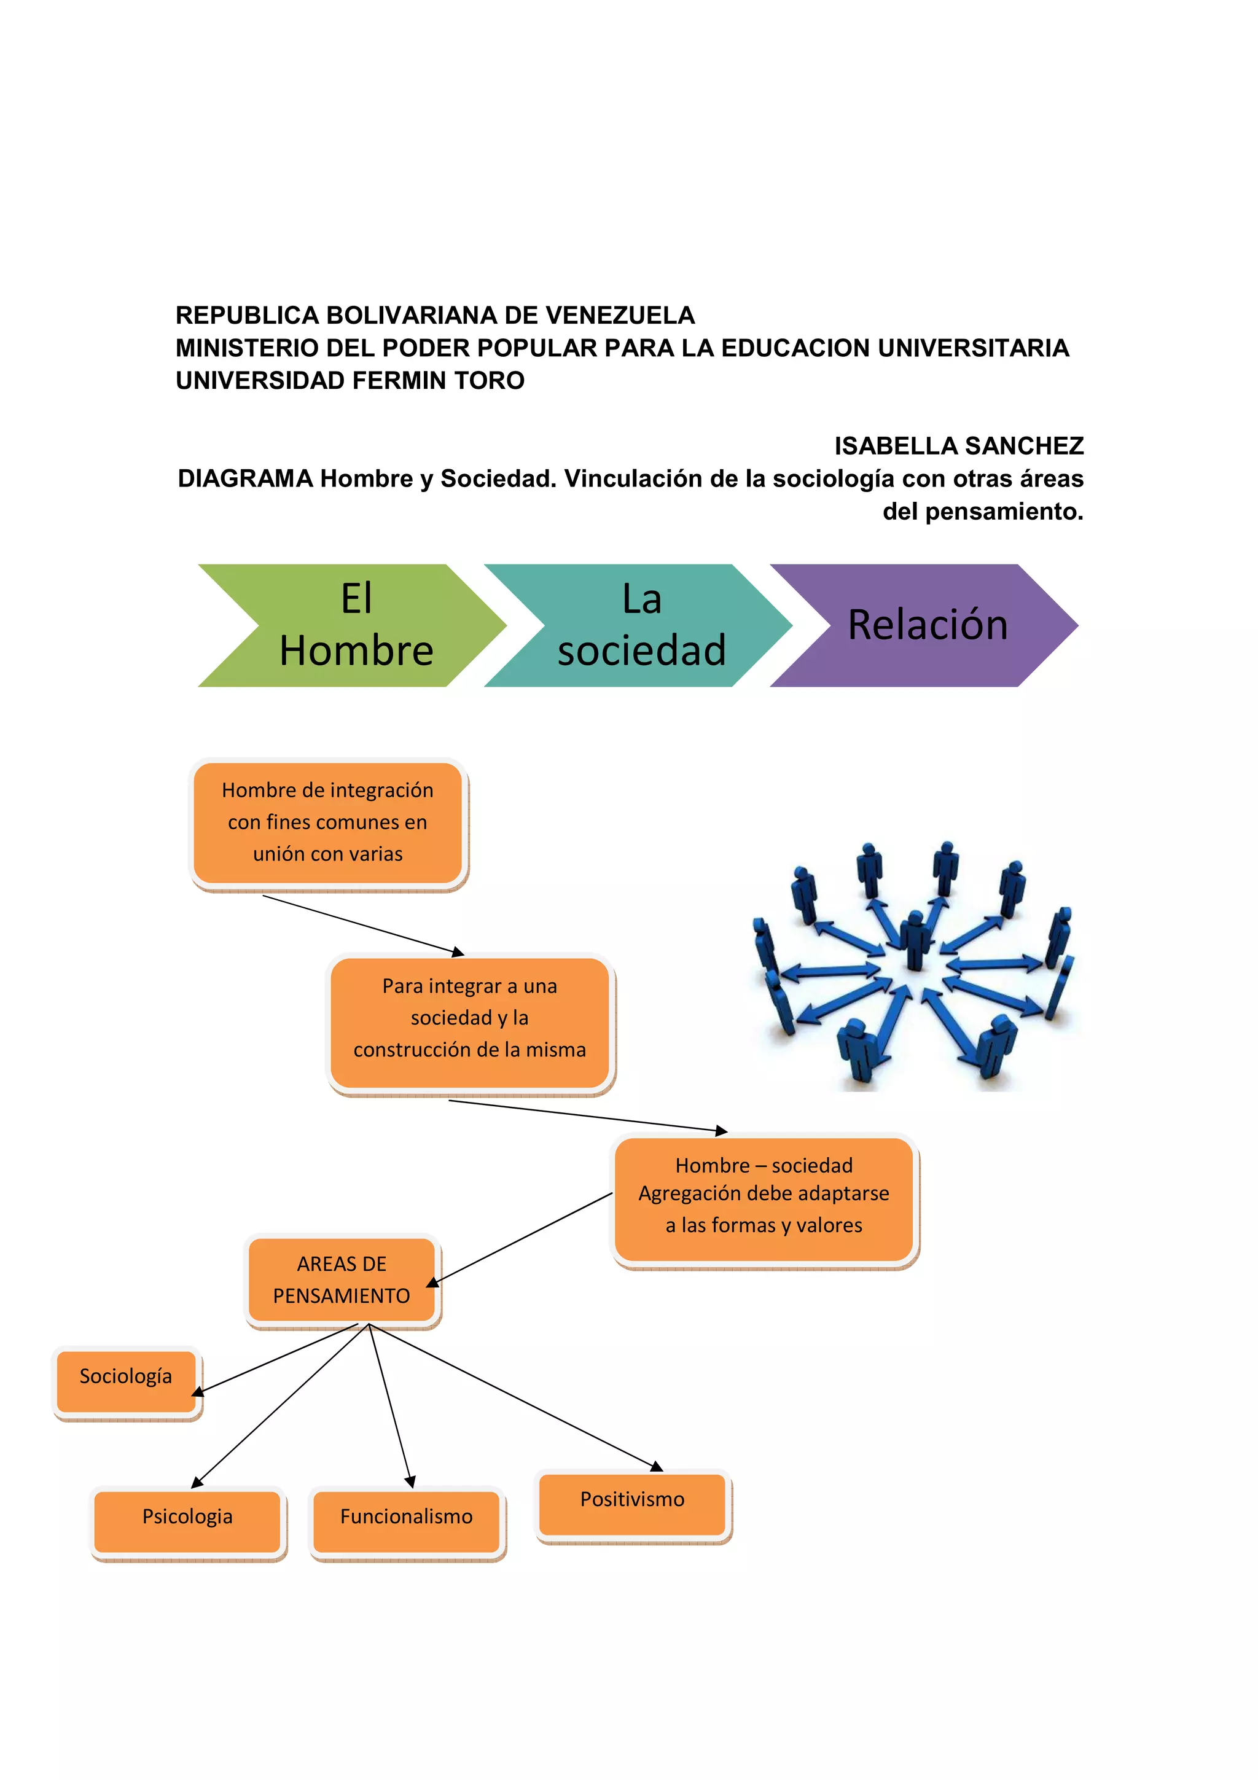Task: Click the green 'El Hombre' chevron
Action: pos(353,625)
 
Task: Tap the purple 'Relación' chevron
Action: pos(926,625)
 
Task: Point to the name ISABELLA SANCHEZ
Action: pos(958,446)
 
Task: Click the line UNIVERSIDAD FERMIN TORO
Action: pos(350,381)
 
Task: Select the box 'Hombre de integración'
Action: pos(327,822)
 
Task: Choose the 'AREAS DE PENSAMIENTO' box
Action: pos(341,1280)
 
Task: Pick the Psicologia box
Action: pos(187,1517)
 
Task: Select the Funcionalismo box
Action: pos(406,1517)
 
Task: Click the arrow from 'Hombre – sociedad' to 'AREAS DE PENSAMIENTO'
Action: pos(521,1239)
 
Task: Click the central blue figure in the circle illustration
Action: pos(915,940)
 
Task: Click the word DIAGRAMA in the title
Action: pos(245,479)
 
